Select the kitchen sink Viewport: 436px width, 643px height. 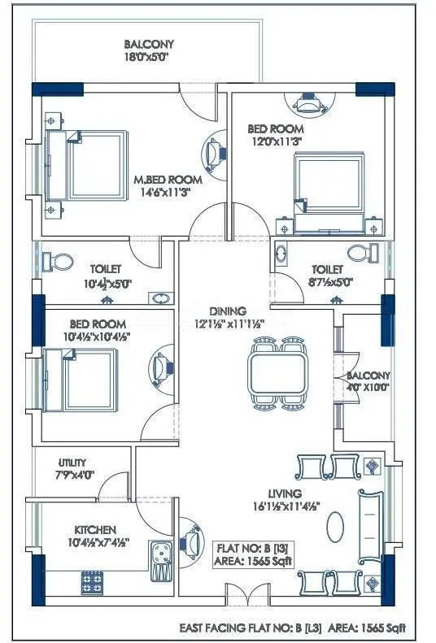(159, 560)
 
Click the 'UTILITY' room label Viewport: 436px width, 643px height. (72, 463)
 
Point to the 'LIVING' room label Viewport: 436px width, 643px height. (284, 493)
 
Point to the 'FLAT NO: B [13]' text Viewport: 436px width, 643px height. (251, 547)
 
